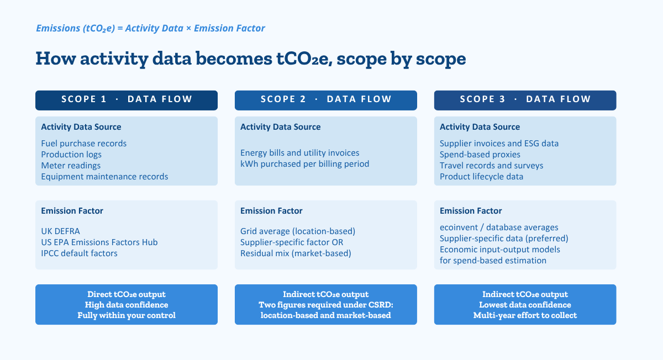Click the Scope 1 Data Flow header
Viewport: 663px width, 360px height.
coord(127,100)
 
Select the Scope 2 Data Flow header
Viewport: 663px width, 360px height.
coord(326,100)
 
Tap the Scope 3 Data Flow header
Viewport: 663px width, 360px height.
coord(525,100)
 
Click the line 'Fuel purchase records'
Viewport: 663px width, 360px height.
coord(84,144)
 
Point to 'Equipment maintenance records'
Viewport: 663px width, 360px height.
coord(104,177)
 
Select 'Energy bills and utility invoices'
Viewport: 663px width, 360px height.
coord(299,152)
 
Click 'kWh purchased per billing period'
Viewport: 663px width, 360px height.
coord(304,164)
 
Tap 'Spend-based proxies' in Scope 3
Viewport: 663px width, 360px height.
coord(480,155)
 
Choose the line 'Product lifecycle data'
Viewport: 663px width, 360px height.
coord(481,177)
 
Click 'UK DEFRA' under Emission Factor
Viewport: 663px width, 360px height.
coord(60,231)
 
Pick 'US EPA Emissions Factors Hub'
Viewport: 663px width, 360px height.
coord(99,242)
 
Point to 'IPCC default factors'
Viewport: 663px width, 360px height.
coord(79,253)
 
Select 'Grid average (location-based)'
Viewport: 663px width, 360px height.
coord(298,231)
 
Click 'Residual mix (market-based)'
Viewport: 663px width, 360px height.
coord(296,253)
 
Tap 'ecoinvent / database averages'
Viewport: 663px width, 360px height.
coord(499,227)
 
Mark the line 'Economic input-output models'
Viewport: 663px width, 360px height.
coord(499,250)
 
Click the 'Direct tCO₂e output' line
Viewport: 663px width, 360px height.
coord(127,294)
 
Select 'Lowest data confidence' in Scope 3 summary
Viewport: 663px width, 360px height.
coord(525,305)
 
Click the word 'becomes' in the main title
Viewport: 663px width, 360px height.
coord(234,59)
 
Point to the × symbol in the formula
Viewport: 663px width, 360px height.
coord(188,28)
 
